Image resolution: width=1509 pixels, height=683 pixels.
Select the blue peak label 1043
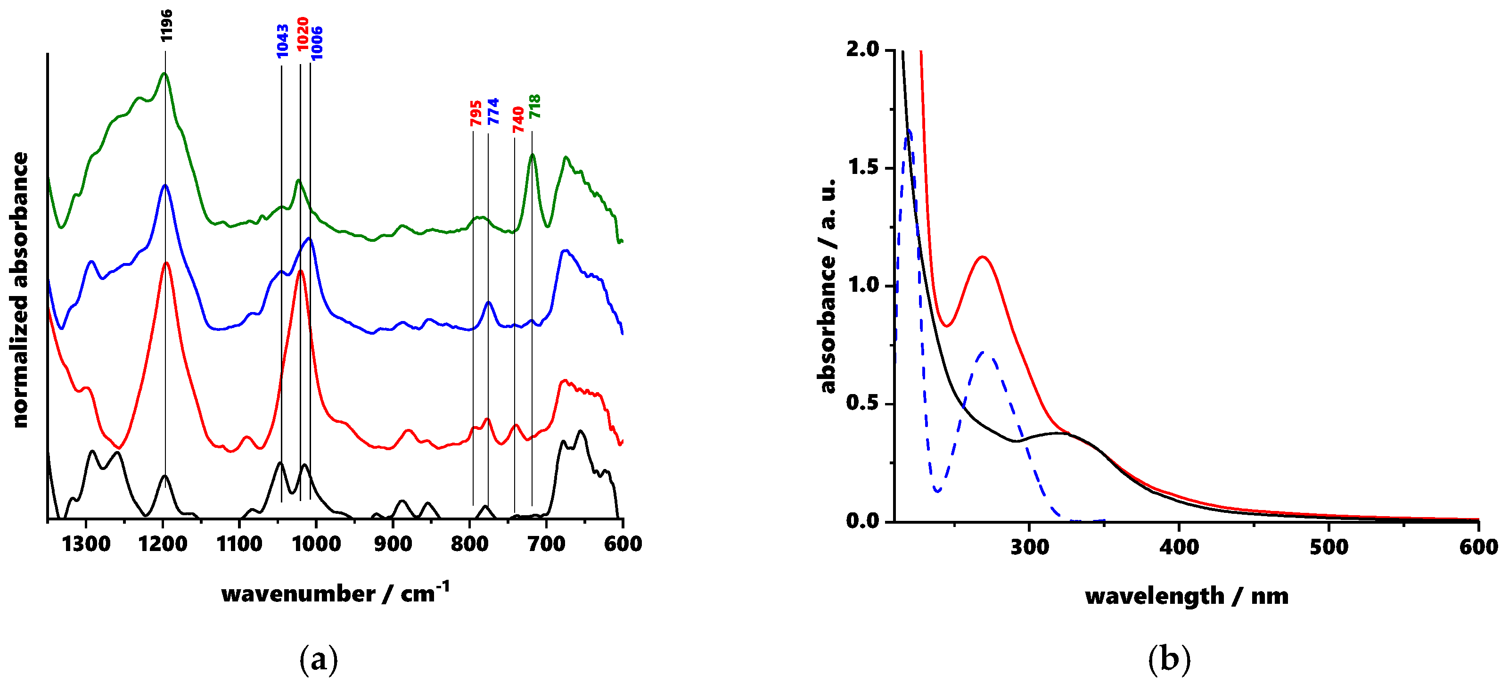282,41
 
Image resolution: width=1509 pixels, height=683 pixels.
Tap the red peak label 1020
302,34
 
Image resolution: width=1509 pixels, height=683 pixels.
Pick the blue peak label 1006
316,43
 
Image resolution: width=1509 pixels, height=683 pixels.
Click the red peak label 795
476,113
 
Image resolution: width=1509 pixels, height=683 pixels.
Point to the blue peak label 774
493,111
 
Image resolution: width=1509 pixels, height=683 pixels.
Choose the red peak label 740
518,120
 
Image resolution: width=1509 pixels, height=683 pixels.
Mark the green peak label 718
535,107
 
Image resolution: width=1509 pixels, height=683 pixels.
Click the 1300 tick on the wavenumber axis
86,544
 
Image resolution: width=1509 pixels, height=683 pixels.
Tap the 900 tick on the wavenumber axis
393,544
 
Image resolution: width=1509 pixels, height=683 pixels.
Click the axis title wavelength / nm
1186,596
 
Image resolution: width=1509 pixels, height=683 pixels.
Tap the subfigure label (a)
319,659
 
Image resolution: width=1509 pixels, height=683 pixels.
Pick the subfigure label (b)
1169,659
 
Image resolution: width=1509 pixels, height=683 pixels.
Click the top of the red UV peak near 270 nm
983,256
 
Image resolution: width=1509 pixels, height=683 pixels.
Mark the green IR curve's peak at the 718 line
533,155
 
